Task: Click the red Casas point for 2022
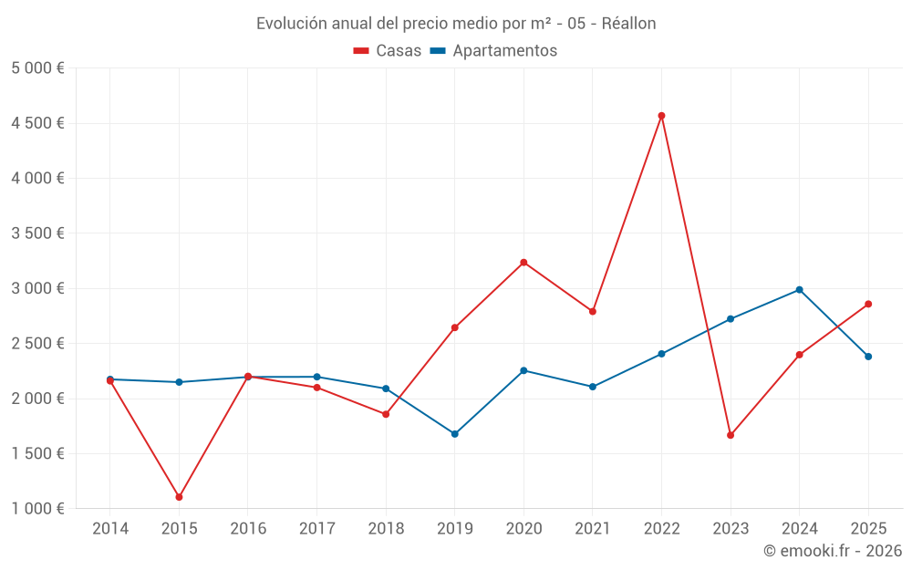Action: [661, 116]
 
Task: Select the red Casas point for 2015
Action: [179, 497]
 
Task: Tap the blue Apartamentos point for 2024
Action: [799, 290]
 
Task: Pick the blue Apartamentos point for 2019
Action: [454, 434]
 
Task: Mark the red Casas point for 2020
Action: [523, 263]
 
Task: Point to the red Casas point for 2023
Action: [731, 435]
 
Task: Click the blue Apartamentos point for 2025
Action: [868, 357]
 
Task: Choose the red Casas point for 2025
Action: [868, 304]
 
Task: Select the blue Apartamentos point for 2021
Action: [593, 387]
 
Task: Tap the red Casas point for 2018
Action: [386, 414]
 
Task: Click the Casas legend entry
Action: [388, 51]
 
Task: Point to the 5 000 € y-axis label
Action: [37, 68]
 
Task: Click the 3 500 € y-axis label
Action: [37, 233]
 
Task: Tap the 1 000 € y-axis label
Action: [37, 509]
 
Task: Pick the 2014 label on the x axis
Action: [110, 529]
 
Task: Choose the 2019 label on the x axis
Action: [454, 529]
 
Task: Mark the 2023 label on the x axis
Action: [731, 529]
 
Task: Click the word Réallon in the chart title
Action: [628, 24]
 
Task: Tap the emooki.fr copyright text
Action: [833, 551]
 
